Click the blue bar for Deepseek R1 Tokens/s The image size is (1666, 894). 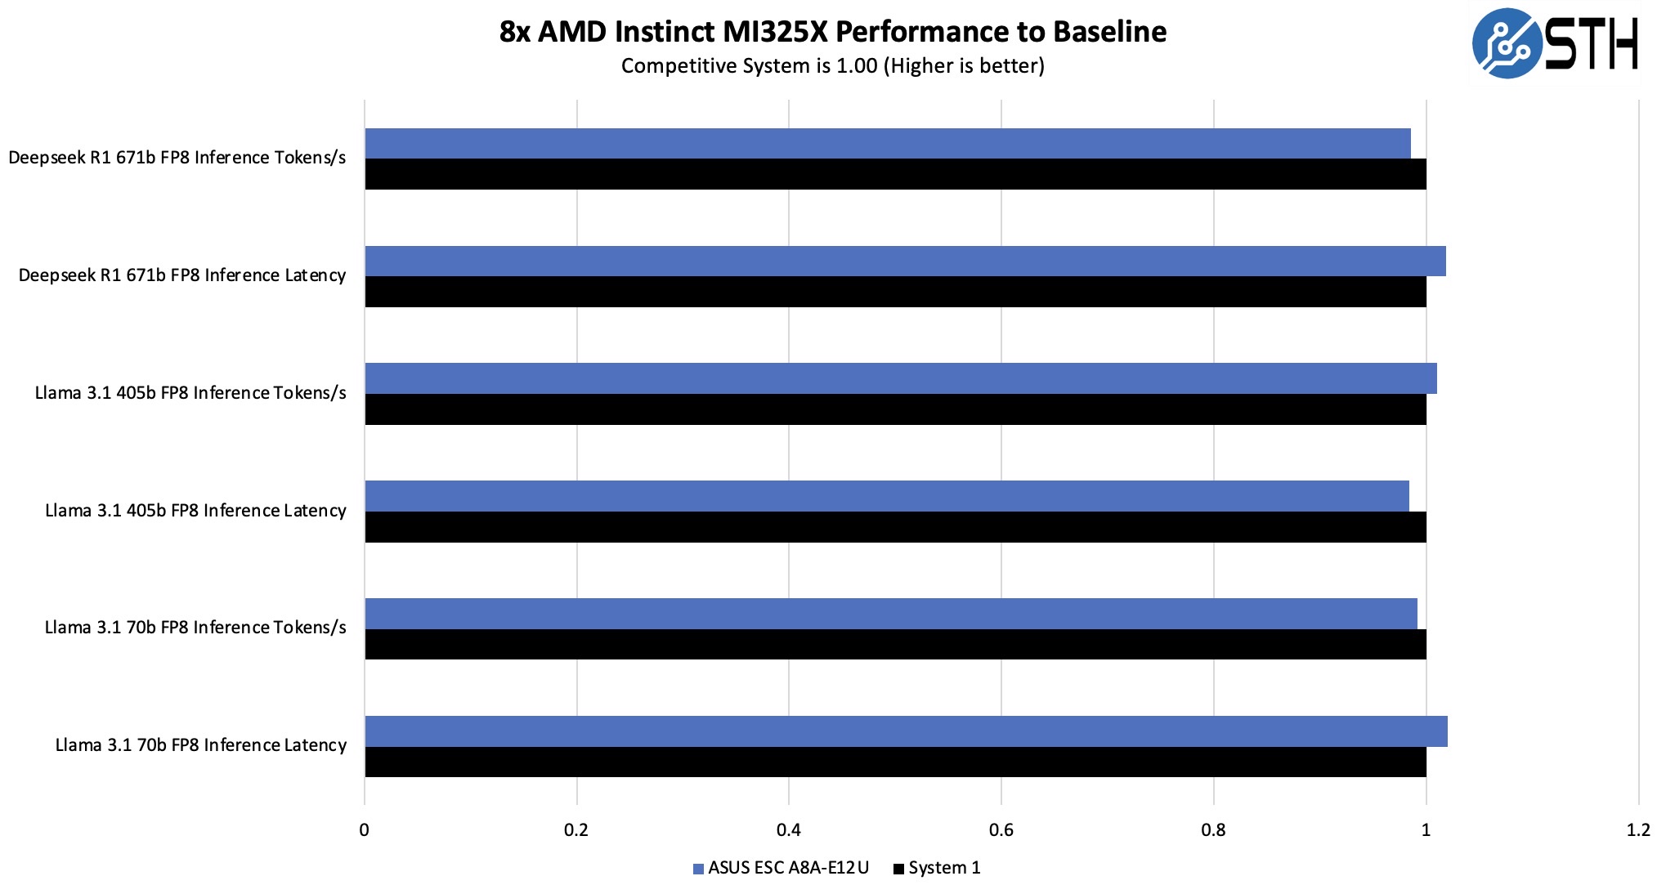[887, 143]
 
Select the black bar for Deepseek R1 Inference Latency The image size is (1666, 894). [895, 292]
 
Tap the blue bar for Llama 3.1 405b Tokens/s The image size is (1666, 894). [899, 378]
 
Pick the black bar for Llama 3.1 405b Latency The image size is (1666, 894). [895, 527]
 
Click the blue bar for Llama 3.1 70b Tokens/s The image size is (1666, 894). [891, 613]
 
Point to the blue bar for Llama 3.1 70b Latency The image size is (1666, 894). [906, 731]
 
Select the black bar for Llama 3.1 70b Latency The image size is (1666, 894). [895, 762]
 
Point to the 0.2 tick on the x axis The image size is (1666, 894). [576, 830]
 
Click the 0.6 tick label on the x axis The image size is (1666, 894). [1001, 830]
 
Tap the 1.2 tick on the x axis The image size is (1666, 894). [1637, 830]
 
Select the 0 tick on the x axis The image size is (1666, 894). [364, 830]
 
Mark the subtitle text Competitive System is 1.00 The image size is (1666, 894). [749, 66]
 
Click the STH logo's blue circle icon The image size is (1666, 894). [1507, 43]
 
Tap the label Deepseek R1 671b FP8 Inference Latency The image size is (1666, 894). [181, 275]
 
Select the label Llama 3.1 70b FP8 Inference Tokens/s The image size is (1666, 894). [195, 628]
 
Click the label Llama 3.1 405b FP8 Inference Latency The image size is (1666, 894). [195, 511]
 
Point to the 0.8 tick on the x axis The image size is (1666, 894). [1213, 830]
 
